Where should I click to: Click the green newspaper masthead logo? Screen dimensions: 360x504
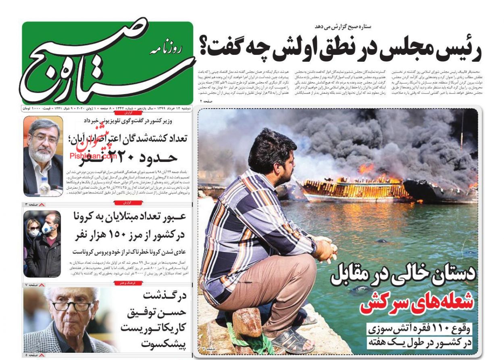(x=107, y=63)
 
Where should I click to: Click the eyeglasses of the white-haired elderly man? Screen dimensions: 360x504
(x=73, y=306)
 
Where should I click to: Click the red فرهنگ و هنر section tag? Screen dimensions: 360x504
(x=128, y=284)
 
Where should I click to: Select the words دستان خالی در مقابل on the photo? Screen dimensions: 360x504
(x=403, y=276)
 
